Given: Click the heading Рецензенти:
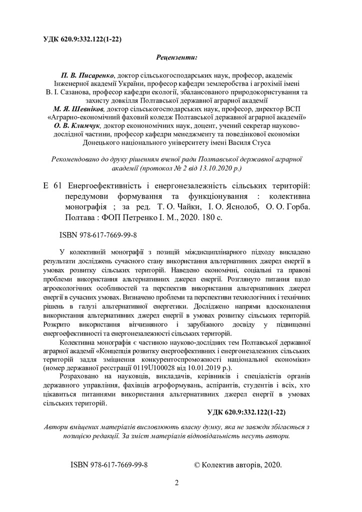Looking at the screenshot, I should tap(176, 57).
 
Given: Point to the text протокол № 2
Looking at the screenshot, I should tap(161, 168).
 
